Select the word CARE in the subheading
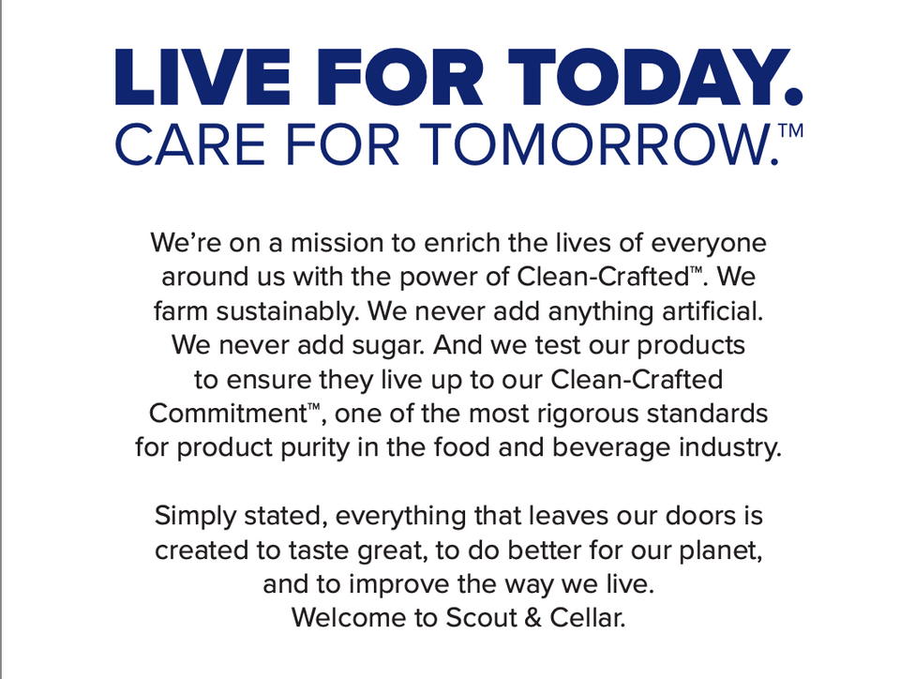191,143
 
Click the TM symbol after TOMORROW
791,129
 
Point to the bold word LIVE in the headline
202,77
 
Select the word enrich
462,243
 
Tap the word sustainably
287,311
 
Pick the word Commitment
228,414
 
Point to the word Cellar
588,618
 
